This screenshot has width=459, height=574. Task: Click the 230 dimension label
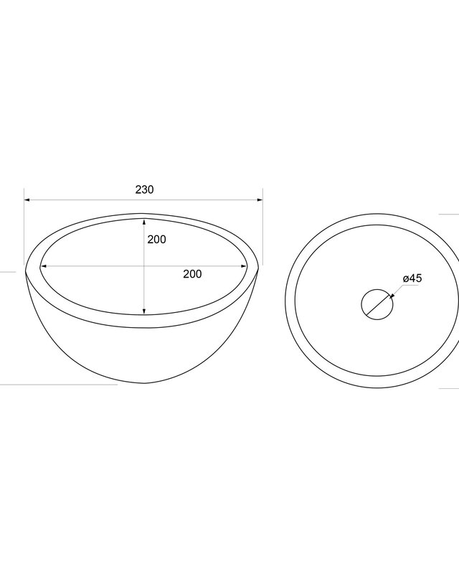145,189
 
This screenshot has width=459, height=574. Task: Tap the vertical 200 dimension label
156,240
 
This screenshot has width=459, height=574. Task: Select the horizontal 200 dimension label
192,274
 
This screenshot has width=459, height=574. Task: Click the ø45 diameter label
412,278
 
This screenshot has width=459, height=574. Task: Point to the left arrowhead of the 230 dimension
27,200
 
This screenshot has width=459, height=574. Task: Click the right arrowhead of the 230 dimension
260,200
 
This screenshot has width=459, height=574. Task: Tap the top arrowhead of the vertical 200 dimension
144,222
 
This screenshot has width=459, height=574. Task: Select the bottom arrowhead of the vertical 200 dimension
144,311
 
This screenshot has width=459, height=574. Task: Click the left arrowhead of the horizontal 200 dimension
43,266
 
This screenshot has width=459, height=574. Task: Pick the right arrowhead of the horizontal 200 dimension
244,266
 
